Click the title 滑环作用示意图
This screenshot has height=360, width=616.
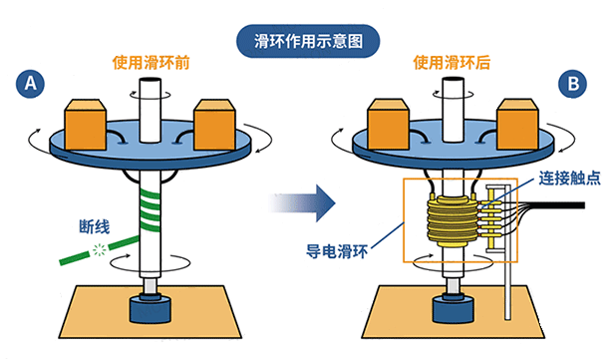tap(308, 42)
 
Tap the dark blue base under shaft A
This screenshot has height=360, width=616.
tap(152, 306)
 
